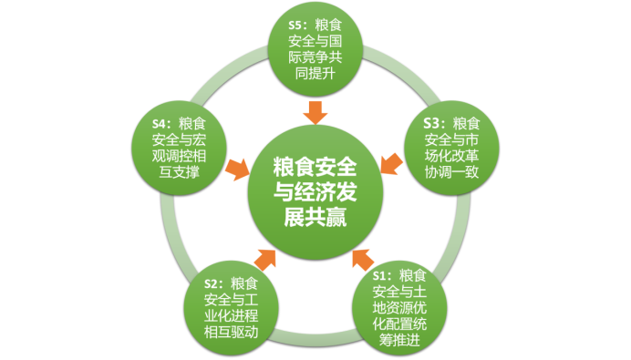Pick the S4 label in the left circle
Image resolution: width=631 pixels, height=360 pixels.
pos(161,122)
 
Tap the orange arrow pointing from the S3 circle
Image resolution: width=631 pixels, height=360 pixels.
pos(389,163)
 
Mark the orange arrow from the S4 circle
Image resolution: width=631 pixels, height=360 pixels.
pos(239,167)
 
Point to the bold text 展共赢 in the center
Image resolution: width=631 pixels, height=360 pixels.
pos(315,218)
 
